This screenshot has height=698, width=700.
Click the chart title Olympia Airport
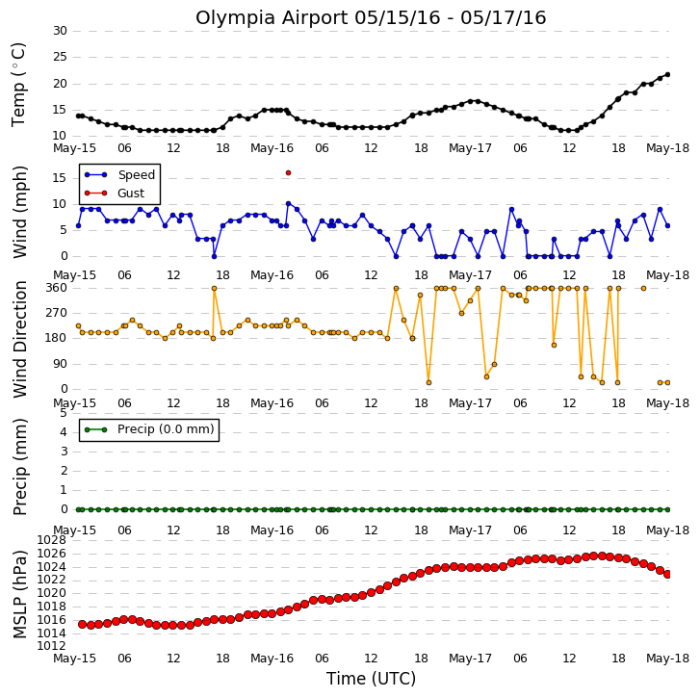272,18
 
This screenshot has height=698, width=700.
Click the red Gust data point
288,172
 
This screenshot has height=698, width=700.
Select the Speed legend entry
119,175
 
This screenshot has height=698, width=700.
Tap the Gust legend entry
115,194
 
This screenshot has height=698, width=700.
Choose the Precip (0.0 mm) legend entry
149,429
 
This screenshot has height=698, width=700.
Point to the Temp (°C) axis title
18,85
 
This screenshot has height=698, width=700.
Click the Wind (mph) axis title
19,212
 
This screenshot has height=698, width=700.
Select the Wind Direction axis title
19,339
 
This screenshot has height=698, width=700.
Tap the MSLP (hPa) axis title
19,594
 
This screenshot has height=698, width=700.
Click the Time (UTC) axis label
371,679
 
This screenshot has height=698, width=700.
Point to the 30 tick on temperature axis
60,31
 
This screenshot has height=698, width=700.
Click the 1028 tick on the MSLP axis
51,540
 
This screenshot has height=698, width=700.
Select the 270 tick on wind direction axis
56,313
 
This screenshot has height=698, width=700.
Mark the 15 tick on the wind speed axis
60,178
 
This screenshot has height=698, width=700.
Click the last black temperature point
667,74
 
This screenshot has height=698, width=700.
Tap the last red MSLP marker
667,575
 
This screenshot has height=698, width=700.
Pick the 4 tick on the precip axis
64,432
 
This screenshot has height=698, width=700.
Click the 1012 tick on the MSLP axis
51,646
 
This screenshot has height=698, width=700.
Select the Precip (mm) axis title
19,467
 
